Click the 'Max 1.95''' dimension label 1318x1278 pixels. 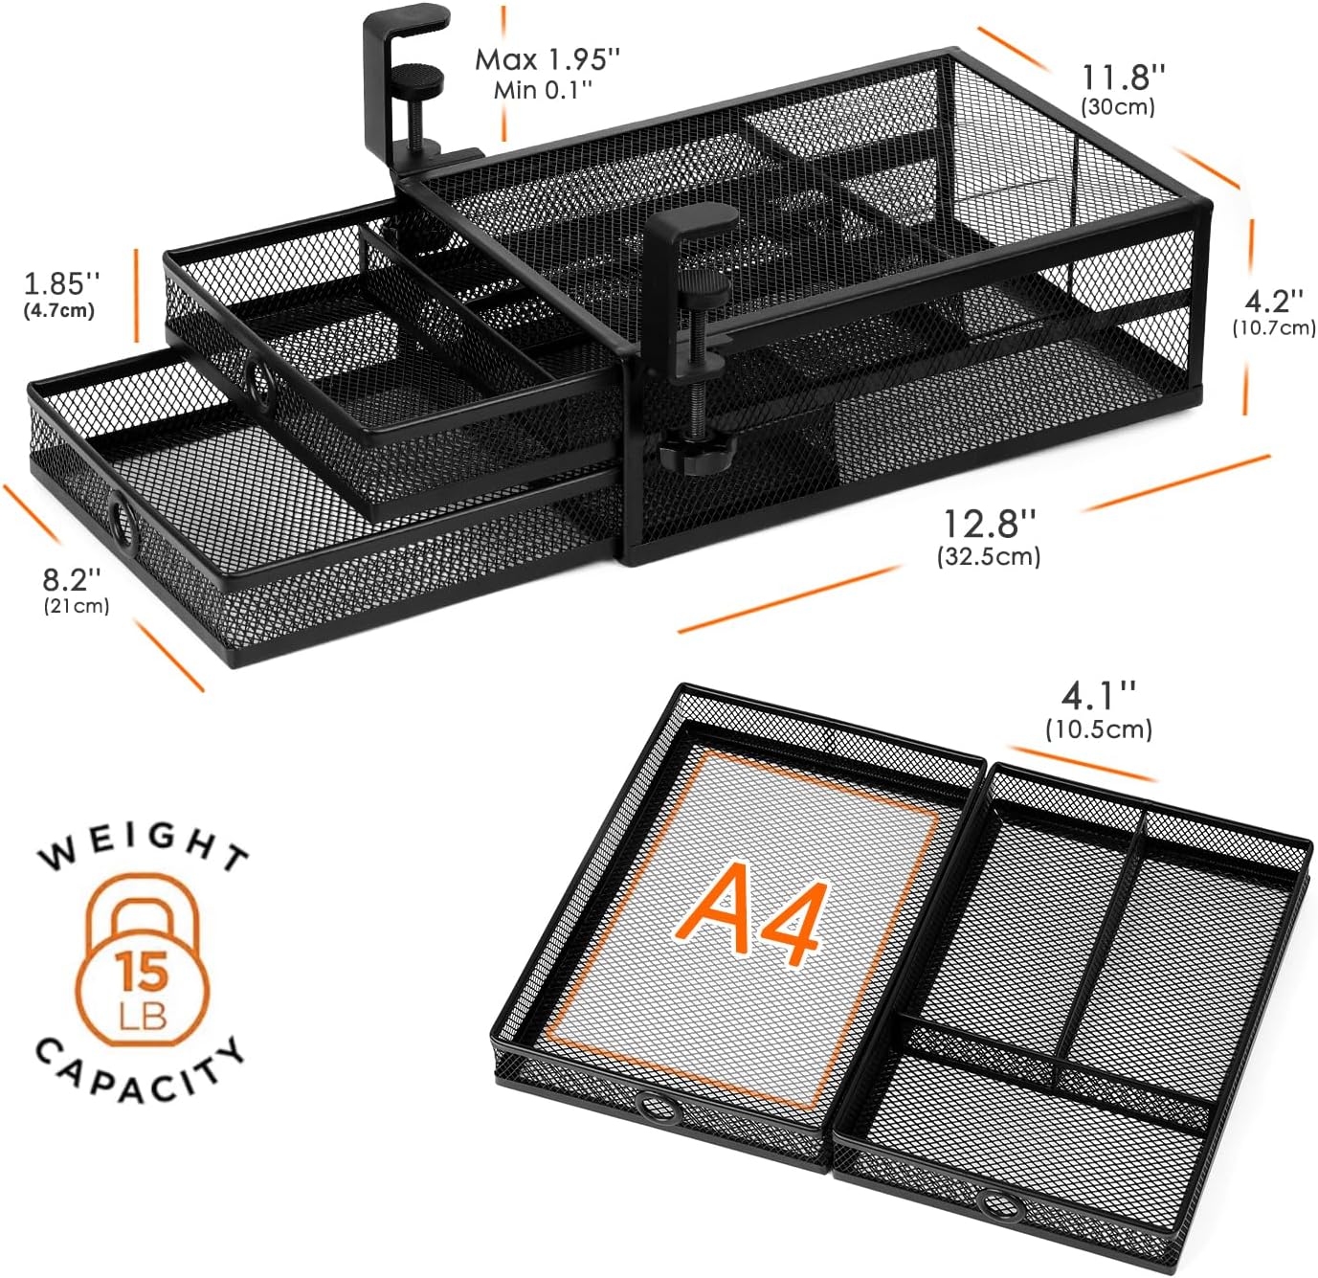point(547,59)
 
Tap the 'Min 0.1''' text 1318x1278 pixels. point(543,90)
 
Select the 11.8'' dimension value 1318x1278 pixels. point(1124,76)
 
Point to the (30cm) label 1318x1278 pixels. point(1118,106)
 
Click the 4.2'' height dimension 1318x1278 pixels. point(1273,301)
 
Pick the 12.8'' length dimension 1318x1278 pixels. point(990,524)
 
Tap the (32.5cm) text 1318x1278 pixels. point(989,555)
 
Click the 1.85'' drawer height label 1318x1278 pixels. point(62,282)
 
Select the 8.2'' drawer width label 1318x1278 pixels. point(72,578)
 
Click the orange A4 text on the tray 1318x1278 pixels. point(751,917)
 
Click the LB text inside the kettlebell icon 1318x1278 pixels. point(143,1015)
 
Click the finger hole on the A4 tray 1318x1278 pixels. point(656,1109)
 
